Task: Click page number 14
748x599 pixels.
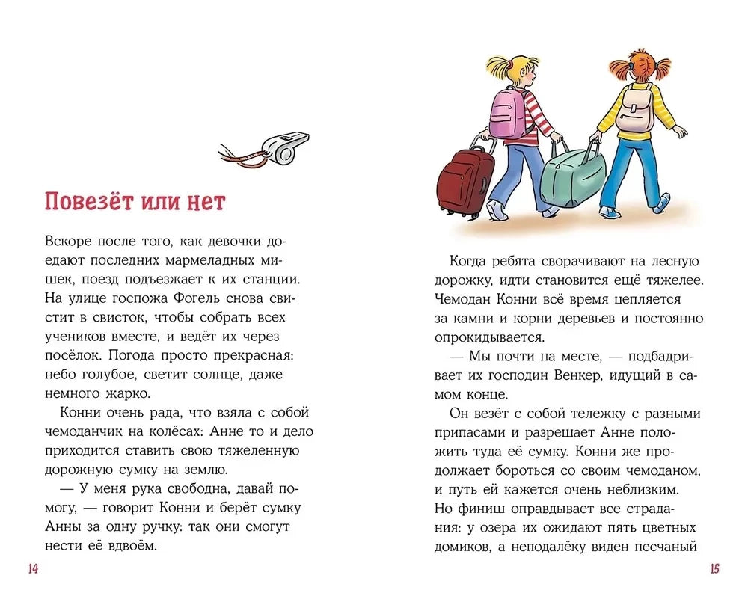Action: pos(32,569)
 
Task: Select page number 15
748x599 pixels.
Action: pos(714,569)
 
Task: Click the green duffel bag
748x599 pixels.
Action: pos(572,177)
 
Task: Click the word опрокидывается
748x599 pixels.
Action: pos(488,337)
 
